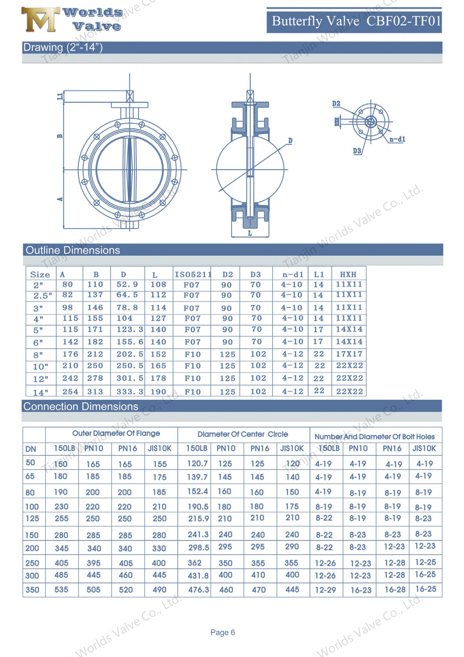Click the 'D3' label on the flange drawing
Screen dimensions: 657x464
(357, 151)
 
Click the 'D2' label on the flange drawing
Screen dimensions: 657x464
(336, 104)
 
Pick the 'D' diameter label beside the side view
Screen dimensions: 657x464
(290, 140)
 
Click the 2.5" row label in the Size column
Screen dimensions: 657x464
(43, 296)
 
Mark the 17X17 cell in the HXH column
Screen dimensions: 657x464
(349, 354)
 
